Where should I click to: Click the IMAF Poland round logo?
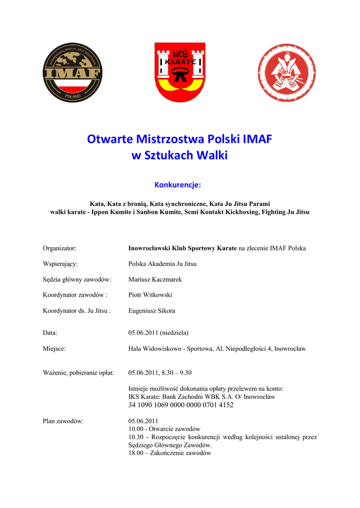(72, 73)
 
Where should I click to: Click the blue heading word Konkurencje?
(177, 185)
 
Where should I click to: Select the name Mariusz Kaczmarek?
(155, 279)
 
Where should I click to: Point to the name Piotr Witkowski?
(150, 295)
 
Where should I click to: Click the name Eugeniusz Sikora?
(151, 311)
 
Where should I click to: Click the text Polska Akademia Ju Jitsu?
(162, 264)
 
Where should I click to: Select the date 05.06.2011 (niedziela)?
(158, 332)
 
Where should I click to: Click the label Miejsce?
(54, 349)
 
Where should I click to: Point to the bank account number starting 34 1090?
(181, 405)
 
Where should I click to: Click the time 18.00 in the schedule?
(136, 453)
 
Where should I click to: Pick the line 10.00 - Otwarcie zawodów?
(164, 429)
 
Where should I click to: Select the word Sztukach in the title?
(169, 156)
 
